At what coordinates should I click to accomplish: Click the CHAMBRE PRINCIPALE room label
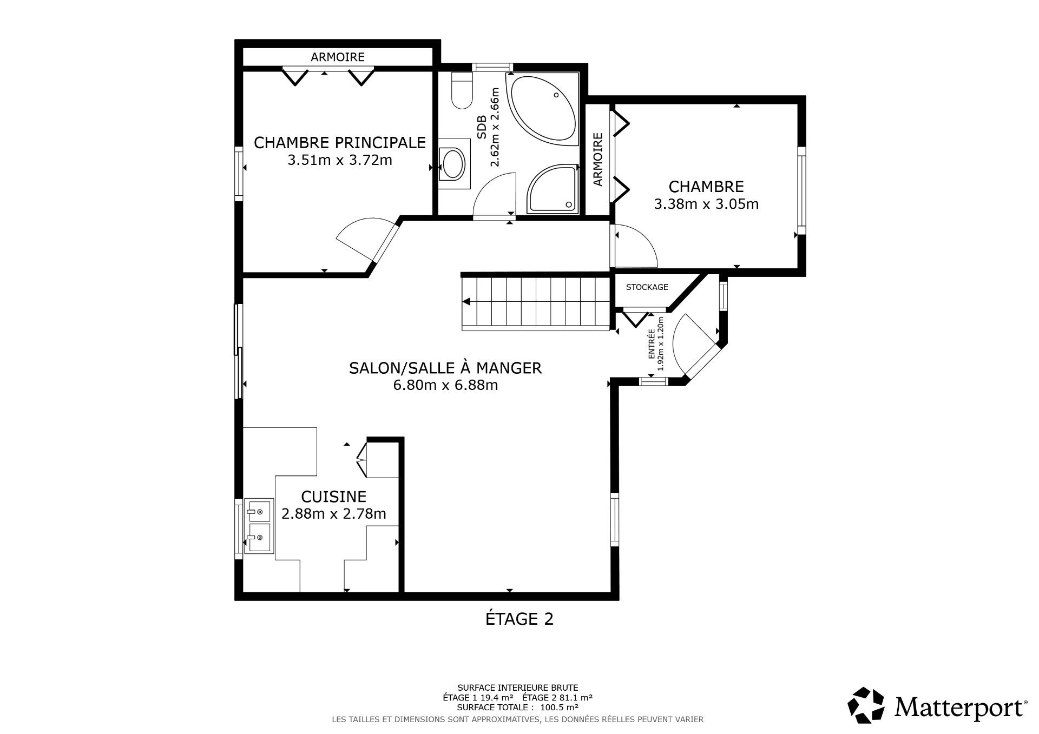pos(339,142)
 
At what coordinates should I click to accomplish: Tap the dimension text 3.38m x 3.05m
pos(706,204)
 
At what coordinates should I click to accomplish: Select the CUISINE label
pos(333,496)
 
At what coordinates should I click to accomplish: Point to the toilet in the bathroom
pos(462,92)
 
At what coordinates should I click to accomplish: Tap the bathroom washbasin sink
pos(453,164)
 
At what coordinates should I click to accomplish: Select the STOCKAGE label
pos(647,287)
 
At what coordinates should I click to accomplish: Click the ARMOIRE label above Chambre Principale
pos(337,57)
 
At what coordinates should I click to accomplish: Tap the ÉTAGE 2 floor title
pos(519,619)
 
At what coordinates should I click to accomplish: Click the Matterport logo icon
pos(866,706)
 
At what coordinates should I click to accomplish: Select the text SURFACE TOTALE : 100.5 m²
pos(517,707)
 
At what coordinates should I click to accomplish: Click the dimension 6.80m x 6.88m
pos(445,385)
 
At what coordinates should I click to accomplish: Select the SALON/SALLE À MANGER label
pos(445,368)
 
